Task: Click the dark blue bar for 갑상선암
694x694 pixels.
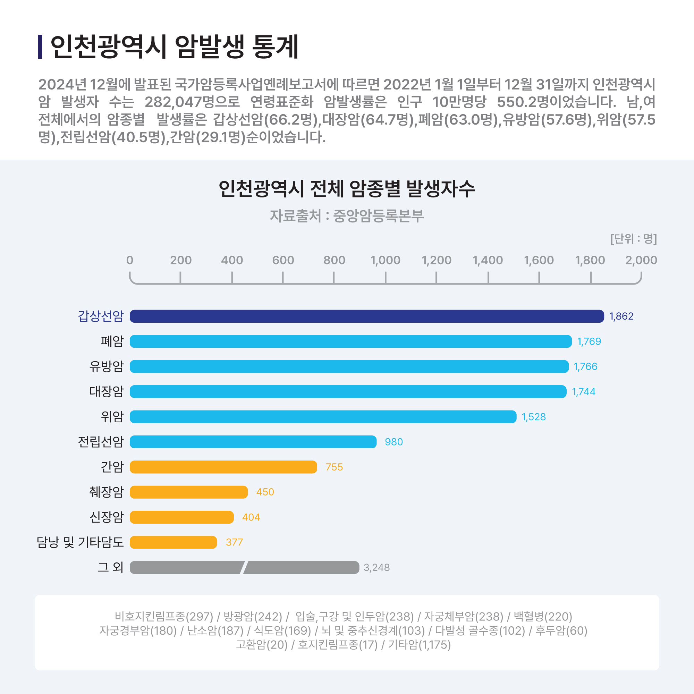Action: click(366, 316)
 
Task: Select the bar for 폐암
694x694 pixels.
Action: click(350, 341)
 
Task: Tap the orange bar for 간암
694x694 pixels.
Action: click(223, 467)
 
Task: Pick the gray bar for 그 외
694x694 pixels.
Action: click(244, 568)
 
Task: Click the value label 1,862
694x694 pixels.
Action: click(621, 316)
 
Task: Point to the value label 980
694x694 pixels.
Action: click(394, 442)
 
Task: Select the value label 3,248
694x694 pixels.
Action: click(376, 568)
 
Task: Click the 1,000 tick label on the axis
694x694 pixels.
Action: click(385, 260)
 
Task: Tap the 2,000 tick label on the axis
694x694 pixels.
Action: click(641, 260)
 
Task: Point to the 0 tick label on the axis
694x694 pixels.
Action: click(130, 260)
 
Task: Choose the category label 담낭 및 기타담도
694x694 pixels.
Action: click(80, 542)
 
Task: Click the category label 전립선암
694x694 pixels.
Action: click(101, 441)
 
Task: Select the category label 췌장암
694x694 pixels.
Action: click(106, 492)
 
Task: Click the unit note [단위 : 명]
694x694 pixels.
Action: click(633, 239)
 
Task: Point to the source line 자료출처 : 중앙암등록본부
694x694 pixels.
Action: click(347, 216)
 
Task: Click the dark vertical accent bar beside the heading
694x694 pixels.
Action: click(40, 47)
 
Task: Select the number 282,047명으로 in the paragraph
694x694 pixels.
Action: click(192, 102)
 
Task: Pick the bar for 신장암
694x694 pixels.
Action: click(181, 517)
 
